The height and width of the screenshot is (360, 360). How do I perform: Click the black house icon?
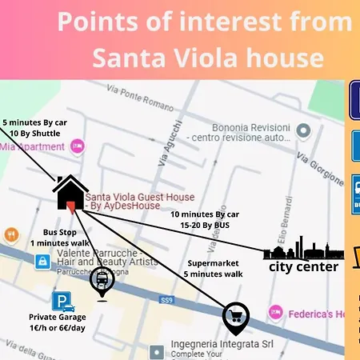tap(70, 193)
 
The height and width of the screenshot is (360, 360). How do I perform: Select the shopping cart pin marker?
tap(235, 317)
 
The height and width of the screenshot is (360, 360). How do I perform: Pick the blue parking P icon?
tap(61, 302)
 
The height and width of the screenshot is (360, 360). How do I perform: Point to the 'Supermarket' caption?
tap(214, 263)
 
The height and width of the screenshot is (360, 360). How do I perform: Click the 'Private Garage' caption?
tap(58, 317)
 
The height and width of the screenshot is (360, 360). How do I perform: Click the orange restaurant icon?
tap(11, 235)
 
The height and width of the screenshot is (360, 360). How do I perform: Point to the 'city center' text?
tap(303, 267)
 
